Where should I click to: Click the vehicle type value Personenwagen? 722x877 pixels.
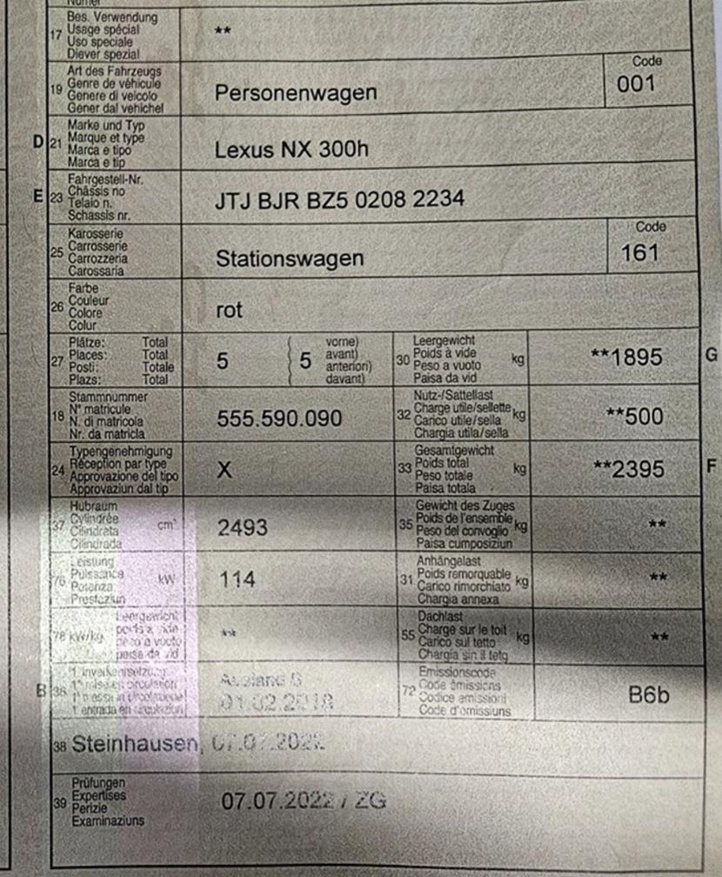click(x=295, y=93)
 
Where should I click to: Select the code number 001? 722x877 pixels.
click(x=636, y=84)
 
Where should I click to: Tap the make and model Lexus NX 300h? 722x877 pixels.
click(x=291, y=149)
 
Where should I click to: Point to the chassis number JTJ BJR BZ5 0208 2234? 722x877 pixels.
click(x=339, y=201)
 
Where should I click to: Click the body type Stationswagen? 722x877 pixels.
click(x=289, y=258)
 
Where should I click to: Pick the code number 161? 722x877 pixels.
click(x=639, y=252)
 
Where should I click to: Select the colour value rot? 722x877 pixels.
click(x=229, y=310)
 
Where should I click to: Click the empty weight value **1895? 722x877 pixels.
click(x=626, y=357)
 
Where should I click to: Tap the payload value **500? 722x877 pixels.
click(x=634, y=416)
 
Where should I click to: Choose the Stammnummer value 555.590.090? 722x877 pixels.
click(x=278, y=418)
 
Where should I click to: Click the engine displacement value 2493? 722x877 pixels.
click(x=242, y=527)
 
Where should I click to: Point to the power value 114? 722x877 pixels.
click(x=236, y=579)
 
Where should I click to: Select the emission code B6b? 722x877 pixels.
click(x=648, y=693)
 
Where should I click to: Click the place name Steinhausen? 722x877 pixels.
click(x=136, y=745)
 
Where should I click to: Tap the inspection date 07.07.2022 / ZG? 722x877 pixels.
click(x=303, y=800)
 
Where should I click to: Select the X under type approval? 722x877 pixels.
click(x=224, y=471)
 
